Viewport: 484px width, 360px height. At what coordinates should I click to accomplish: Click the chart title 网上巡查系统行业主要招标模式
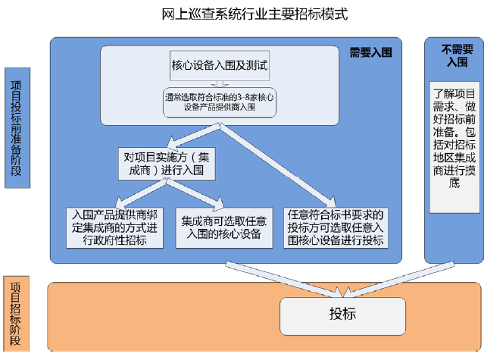click(x=254, y=14)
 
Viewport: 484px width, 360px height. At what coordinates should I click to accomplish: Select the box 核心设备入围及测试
click(x=220, y=65)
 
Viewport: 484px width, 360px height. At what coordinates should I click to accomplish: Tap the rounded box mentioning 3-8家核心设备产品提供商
click(x=220, y=102)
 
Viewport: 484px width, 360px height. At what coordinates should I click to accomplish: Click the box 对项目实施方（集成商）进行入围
click(x=167, y=164)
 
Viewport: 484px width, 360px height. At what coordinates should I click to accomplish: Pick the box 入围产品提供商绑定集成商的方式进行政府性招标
click(x=114, y=227)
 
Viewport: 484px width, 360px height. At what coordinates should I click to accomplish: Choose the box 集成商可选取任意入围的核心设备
click(x=224, y=227)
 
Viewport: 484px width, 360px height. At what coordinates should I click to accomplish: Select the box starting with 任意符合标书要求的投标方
click(x=336, y=227)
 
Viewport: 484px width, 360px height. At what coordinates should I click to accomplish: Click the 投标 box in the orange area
click(x=342, y=316)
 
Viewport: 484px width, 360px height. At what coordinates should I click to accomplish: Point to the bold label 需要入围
click(x=370, y=52)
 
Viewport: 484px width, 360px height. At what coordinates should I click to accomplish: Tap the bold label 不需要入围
click(x=457, y=55)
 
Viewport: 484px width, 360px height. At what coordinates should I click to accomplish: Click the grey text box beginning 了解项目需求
click(x=454, y=147)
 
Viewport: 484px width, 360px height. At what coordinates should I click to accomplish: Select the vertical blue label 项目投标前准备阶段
click(x=17, y=128)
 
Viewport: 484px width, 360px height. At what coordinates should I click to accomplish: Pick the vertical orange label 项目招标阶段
click(x=16, y=313)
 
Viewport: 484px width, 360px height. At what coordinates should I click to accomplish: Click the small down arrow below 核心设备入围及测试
click(x=220, y=84)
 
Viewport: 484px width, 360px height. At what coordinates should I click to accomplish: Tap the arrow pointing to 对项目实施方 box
click(x=194, y=136)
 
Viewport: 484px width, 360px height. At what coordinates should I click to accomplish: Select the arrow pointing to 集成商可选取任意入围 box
click(x=195, y=194)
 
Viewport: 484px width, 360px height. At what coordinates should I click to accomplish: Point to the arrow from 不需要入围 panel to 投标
click(x=399, y=279)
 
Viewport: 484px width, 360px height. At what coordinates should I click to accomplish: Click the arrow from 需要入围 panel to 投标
click(x=284, y=279)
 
